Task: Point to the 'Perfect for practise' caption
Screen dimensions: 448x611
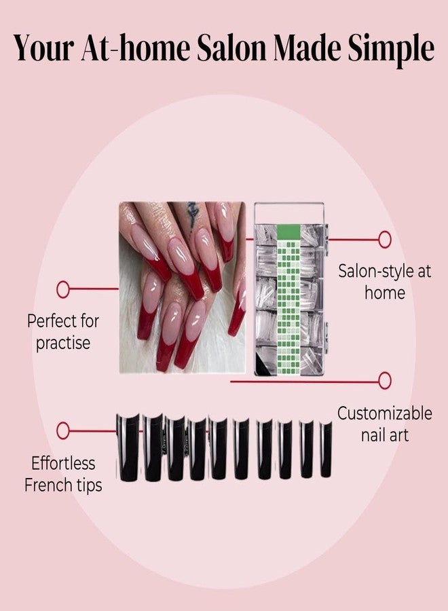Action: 62,332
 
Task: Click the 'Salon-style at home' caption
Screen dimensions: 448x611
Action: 384,282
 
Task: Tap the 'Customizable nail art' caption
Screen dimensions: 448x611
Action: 384,424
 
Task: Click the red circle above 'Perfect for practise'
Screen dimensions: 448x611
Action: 62,289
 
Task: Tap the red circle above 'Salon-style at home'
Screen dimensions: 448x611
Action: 385,239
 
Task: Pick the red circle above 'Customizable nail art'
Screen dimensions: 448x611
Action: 385,380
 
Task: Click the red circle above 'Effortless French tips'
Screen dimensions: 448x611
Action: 62,431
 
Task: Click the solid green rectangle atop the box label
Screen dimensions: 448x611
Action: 288,232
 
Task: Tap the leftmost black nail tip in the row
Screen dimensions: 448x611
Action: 128,448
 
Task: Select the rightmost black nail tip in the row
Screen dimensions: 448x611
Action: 326,449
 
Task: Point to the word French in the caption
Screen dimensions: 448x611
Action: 44,485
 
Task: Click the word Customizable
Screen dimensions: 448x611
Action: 384,414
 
